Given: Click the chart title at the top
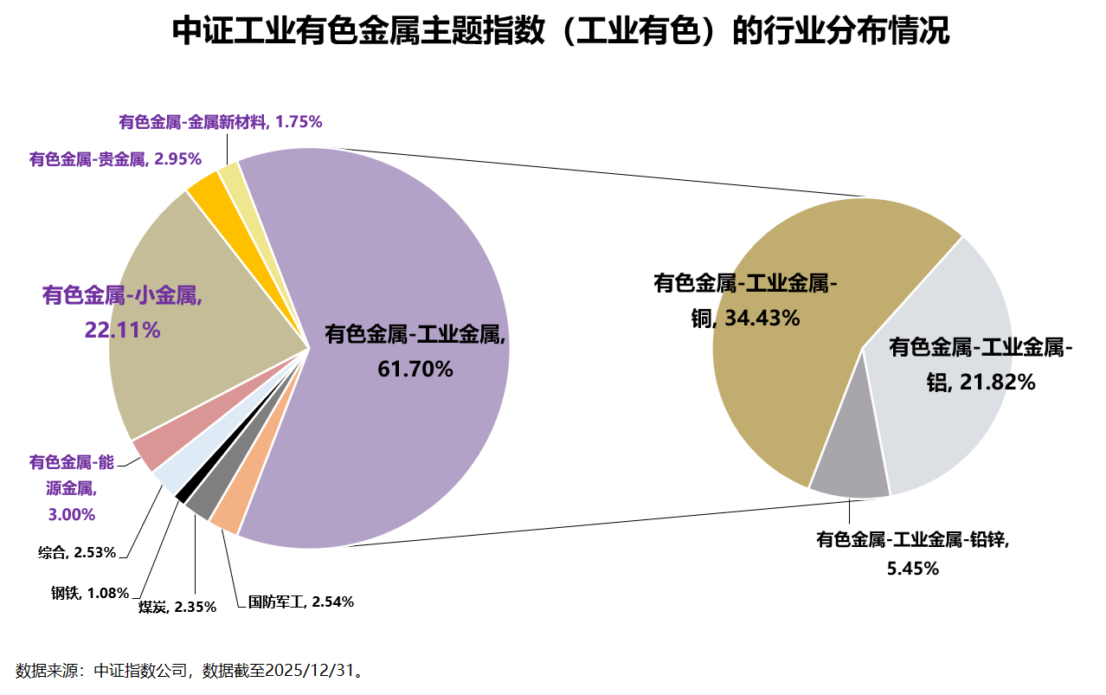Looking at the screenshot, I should pos(561,31).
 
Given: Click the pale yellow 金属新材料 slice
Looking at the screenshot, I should pos(230,172).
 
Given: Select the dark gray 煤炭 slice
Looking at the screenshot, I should pos(198,505).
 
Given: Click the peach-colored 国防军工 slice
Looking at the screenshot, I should pos(225,518).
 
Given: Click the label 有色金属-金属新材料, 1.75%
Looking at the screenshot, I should pos(221,122).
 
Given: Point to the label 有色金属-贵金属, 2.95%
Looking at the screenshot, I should pos(115,158).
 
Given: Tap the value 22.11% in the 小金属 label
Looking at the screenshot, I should pos(122,330).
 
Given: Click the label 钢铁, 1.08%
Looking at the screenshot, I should pos(89,593).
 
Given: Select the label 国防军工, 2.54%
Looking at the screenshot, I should pos(300,602).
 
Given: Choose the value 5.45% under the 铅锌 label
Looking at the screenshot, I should pos(913,569).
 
